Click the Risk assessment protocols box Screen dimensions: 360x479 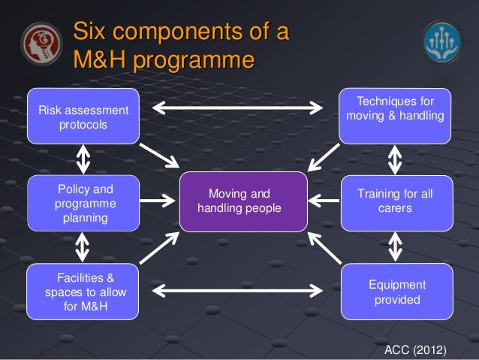83,116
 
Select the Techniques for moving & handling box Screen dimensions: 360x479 395,115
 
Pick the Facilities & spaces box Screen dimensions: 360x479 83,292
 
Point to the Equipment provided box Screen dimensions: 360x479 396,292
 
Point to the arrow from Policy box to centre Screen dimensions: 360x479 159,201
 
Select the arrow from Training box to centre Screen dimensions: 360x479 324,201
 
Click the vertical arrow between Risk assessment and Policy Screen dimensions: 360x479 83,159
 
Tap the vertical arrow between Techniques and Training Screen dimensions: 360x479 396,159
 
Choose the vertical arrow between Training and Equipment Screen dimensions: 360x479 396,246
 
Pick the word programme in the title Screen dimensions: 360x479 194,58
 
